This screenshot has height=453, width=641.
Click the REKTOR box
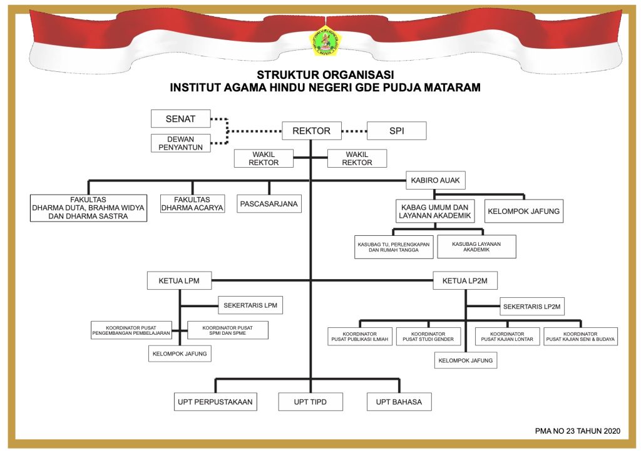311,131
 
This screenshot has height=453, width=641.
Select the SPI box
396,131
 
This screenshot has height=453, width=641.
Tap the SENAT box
180,118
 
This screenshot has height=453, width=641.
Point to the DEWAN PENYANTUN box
180,143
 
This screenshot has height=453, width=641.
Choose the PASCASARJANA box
269,204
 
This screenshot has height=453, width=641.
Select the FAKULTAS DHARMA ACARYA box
192,204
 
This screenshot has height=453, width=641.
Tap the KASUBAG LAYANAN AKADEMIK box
476,247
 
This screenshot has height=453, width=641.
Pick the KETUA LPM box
179,280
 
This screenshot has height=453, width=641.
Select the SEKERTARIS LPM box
250,305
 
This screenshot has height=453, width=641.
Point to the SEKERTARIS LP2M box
533,306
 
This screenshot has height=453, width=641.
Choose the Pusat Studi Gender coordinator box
429,337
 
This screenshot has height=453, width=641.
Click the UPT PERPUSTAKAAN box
215,402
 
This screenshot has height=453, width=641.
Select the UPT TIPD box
310,402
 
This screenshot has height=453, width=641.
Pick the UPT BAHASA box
399,402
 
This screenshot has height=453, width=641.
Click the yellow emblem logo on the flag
320,40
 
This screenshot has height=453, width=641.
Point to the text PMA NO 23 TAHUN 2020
577,430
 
